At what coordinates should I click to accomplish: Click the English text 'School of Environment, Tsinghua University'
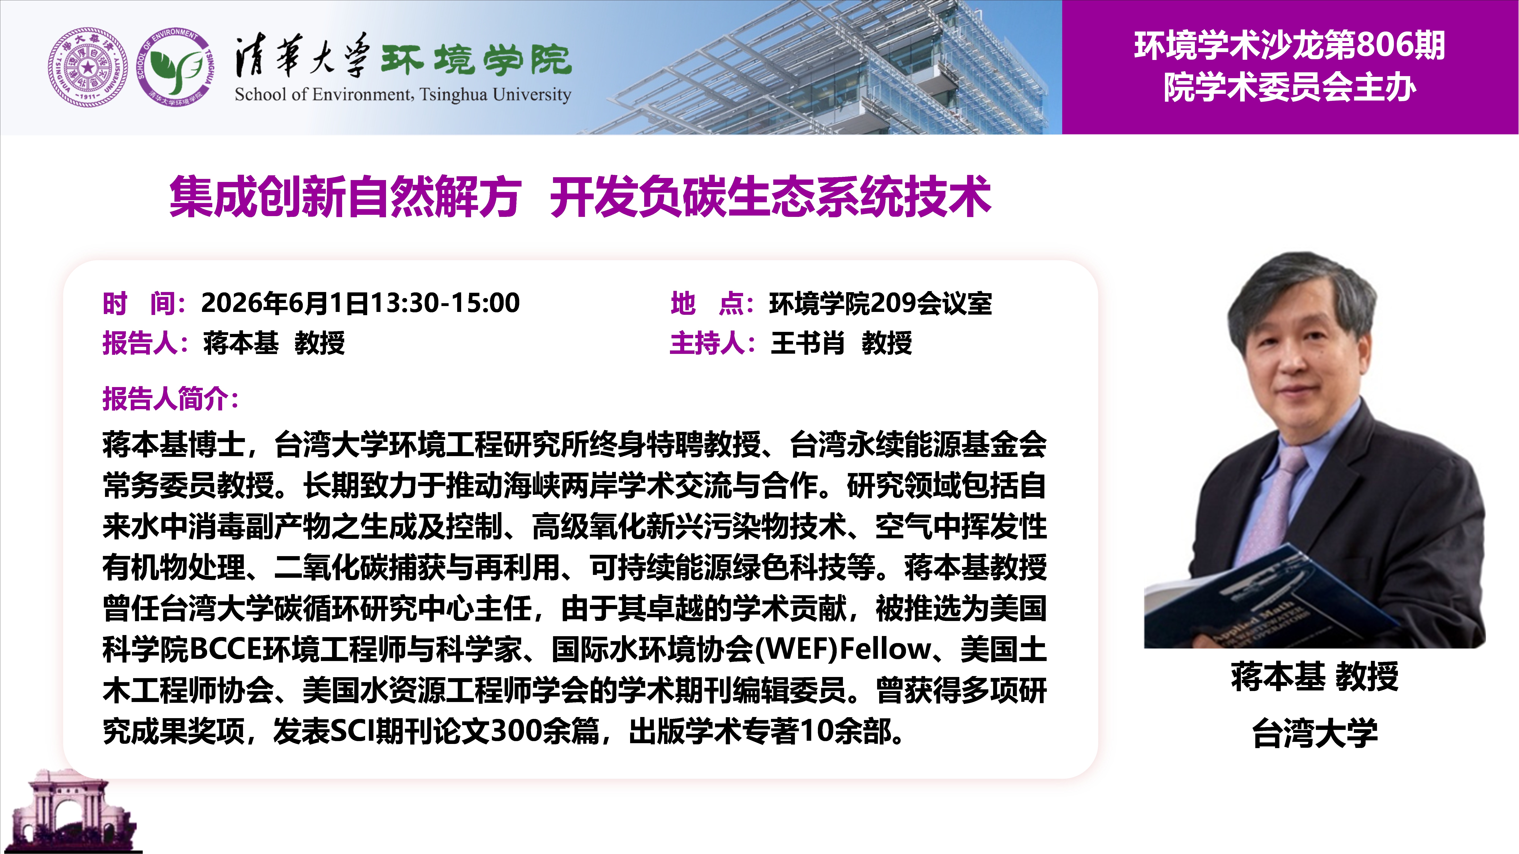(403, 94)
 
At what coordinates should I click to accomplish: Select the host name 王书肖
(807, 343)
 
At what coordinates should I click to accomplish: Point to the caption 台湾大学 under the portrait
(1315, 733)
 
